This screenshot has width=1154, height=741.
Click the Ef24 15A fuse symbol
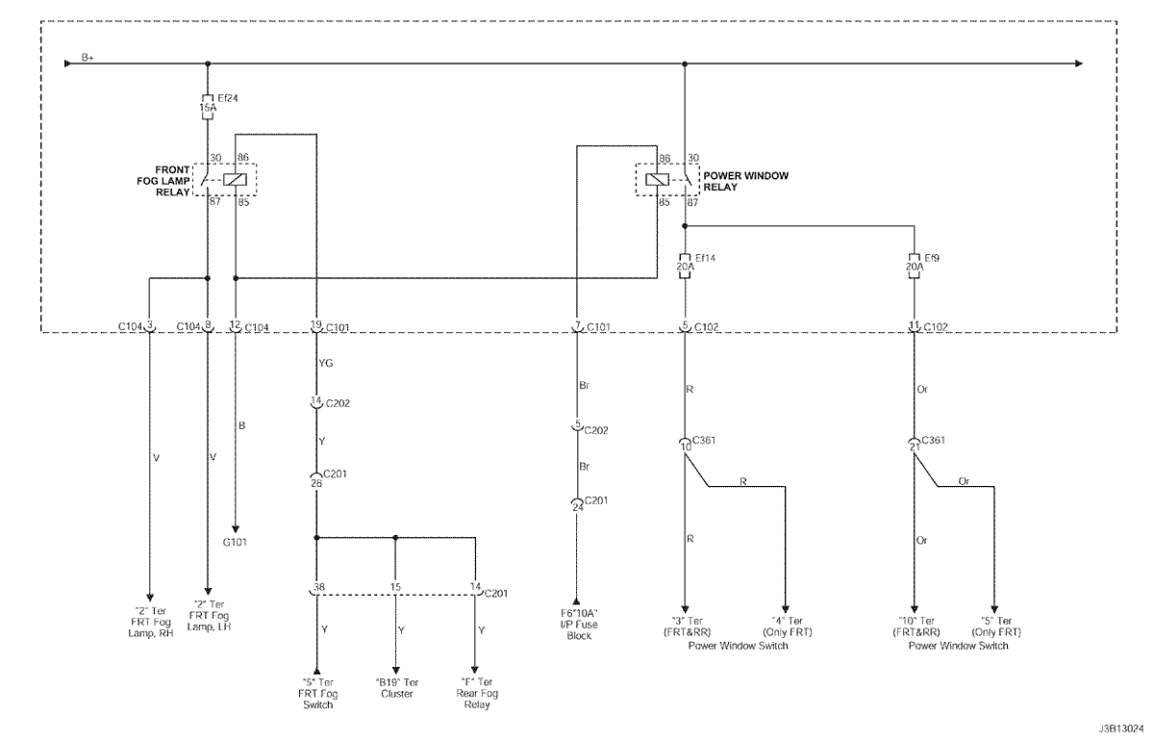point(208,107)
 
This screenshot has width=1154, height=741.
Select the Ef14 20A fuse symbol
point(685,266)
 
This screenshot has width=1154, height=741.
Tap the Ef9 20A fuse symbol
point(915,266)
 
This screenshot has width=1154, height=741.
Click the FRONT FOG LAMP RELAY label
point(163,181)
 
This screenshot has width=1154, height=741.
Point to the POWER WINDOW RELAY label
point(746,181)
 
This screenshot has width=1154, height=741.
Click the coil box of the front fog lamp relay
point(235,179)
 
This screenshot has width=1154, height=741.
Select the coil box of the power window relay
point(658,179)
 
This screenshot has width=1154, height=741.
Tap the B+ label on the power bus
point(88,57)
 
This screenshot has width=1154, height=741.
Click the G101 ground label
point(235,542)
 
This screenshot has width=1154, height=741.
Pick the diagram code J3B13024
point(1121,728)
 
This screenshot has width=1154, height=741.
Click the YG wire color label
point(326,363)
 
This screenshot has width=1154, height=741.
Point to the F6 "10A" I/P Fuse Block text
point(579,625)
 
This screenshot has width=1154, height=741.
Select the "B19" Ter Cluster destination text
point(396,688)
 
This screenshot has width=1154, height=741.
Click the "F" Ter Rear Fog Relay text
point(477,693)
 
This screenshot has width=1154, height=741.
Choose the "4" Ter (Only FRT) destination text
point(788,626)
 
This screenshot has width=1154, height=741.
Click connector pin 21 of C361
point(915,447)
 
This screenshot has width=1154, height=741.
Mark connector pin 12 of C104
point(235,325)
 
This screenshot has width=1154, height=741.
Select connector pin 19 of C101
point(315,325)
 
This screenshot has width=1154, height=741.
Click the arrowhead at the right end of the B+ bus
point(1079,64)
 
